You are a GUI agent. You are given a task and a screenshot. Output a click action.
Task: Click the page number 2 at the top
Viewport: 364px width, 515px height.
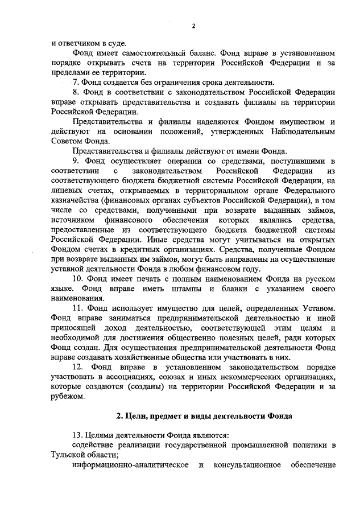tap(193, 26)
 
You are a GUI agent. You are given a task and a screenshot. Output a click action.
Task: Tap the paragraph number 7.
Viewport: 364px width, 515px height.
tap(75, 82)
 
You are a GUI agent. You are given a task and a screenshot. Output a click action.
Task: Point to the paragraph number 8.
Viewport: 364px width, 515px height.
tap(76, 92)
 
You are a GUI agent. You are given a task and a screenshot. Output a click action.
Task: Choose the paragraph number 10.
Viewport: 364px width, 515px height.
tap(78, 279)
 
